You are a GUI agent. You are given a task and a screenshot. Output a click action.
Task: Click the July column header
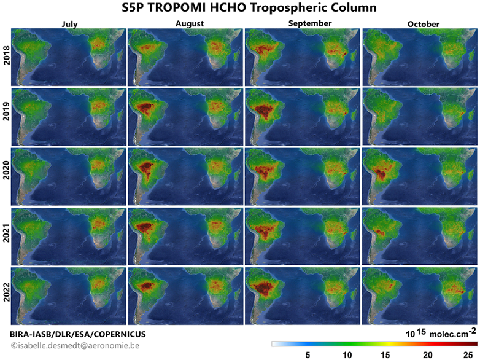click(69, 24)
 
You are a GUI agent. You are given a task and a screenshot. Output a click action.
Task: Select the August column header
click(190, 24)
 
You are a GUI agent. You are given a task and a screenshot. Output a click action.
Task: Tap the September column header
click(310, 23)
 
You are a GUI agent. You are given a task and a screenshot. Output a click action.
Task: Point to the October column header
click(423, 24)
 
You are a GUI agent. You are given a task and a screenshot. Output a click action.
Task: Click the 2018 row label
click(6, 55)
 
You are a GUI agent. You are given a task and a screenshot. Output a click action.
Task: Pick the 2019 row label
click(6, 111)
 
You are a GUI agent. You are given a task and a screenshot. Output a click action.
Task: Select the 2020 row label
click(6, 170)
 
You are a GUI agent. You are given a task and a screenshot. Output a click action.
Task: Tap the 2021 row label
click(6, 233)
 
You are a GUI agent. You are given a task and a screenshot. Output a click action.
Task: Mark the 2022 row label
click(6, 292)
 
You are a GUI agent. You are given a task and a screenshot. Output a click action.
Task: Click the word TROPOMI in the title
click(177, 7)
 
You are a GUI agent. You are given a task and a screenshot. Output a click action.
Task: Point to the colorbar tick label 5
click(308, 355)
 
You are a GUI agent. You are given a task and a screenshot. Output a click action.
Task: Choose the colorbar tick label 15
click(385, 355)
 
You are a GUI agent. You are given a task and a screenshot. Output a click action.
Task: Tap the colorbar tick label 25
click(468, 355)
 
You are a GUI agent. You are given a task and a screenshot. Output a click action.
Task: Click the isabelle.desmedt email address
click(75, 346)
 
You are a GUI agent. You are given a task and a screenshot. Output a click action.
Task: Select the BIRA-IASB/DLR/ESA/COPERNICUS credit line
click(78, 334)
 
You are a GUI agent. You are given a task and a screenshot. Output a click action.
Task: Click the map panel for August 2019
click(185, 117)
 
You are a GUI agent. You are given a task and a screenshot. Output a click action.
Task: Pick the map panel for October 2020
click(420, 176)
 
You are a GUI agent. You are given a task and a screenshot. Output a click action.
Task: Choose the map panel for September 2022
click(303, 296)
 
